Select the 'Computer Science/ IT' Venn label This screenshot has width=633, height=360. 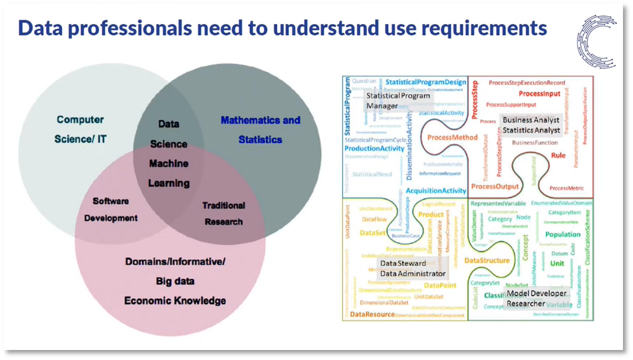(80, 129)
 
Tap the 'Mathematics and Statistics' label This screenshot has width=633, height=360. (260, 130)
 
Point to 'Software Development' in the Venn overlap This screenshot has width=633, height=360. (111, 209)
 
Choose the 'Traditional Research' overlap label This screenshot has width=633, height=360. (223, 213)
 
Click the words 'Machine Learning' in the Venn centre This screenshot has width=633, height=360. (169, 173)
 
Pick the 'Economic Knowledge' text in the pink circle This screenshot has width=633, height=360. (175, 300)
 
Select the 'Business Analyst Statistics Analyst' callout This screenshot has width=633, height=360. (531, 125)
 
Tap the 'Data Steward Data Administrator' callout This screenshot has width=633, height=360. (413, 268)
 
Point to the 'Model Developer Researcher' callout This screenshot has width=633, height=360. (537, 298)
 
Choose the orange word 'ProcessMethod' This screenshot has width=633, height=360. (452, 137)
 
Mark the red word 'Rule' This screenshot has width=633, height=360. (558, 155)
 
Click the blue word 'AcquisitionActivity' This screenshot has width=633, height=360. (436, 190)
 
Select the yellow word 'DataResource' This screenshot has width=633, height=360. (372, 315)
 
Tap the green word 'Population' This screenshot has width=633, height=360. (563, 235)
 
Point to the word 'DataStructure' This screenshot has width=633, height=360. (487, 260)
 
